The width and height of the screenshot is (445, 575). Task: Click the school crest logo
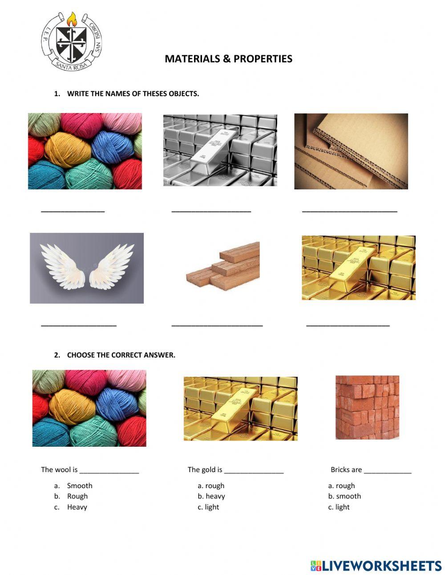(x=72, y=41)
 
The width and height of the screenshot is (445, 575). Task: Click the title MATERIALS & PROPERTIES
(x=228, y=59)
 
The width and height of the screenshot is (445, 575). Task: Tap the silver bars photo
(x=220, y=150)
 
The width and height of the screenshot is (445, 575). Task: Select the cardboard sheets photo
(x=351, y=151)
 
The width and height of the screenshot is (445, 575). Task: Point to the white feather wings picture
(x=87, y=268)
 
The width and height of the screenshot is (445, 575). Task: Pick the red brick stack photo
(x=367, y=408)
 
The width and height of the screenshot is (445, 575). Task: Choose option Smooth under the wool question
(x=80, y=485)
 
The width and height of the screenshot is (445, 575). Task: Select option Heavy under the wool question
(x=77, y=507)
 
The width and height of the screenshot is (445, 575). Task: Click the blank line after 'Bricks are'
(x=387, y=471)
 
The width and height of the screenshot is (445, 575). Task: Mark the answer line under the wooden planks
(x=217, y=325)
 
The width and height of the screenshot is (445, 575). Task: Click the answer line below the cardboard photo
(x=349, y=211)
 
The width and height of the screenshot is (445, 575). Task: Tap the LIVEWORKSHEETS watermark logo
(x=376, y=566)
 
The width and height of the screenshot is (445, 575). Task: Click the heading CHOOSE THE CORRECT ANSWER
(x=121, y=355)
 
